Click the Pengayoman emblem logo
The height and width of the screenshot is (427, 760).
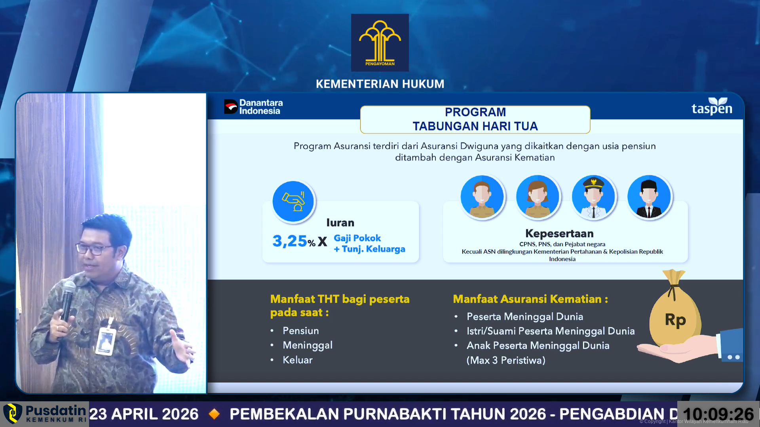coord(380,43)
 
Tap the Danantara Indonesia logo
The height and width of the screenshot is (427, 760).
coord(253,107)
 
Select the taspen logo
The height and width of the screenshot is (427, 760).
coord(712,106)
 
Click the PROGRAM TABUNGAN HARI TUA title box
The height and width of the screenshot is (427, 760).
coord(475,119)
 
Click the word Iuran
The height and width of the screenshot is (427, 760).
coord(340,223)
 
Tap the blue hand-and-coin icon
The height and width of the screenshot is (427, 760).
coord(293,201)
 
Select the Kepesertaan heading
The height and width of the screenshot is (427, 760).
coord(559,233)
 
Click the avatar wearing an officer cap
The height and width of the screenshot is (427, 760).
coord(593,196)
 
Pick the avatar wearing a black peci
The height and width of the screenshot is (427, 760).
coord(649,196)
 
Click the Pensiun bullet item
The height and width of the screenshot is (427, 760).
coord(300,331)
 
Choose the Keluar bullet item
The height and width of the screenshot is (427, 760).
coord(297,360)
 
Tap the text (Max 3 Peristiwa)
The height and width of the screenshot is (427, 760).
coord(506,360)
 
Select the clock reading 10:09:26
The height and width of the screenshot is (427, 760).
coord(718,414)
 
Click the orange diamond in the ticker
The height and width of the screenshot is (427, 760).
coord(214,414)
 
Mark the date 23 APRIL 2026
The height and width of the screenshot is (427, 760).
coord(144,414)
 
